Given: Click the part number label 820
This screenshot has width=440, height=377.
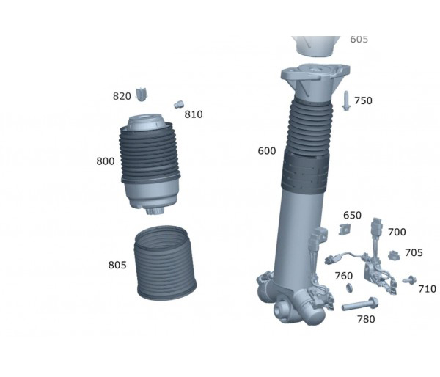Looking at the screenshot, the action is click(x=122, y=96).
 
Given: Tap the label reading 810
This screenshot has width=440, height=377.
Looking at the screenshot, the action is click(x=194, y=114).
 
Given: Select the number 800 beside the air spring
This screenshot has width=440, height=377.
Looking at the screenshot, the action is click(x=106, y=161).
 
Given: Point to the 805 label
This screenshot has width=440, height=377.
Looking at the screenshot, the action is click(x=117, y=265).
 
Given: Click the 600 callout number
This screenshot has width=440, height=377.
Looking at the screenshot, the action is click(x=267, y=151).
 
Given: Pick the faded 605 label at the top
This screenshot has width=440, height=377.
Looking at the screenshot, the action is click(x=359, y=40).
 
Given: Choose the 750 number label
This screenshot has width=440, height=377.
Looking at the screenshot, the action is click(x=364, y=100).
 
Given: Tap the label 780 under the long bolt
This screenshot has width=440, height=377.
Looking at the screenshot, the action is click(x=366, y=319).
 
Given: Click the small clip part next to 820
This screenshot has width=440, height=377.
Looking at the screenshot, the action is click(x=142, y=95).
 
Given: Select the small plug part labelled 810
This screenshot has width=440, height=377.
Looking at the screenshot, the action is click(x=178, y=104).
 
